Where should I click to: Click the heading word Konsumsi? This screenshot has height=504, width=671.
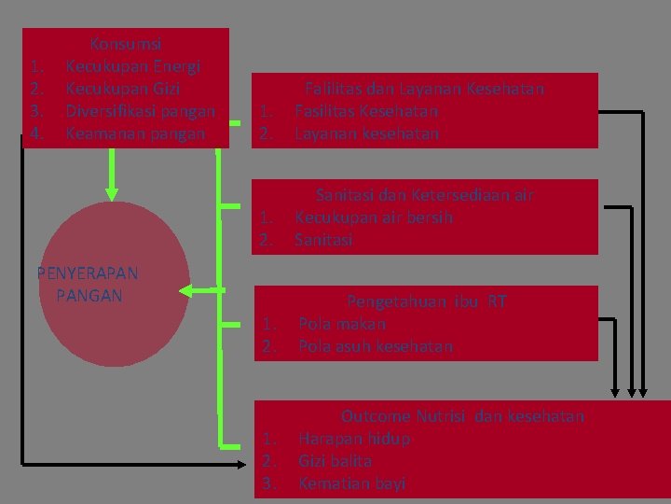(126, 44)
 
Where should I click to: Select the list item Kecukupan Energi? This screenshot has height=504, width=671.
(134, 66)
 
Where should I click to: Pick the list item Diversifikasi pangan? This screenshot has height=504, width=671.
(141, 111)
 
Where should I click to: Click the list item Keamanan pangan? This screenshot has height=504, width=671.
(133, 133)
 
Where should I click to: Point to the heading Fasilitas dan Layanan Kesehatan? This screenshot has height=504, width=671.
(425, 89)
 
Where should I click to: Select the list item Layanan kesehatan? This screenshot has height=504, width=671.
(366, 133)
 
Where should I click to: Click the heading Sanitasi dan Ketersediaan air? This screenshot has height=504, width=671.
(425, 195)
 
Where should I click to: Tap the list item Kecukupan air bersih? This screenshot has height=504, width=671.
(374, 217)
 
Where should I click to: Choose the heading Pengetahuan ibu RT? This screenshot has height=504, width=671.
(427, 301)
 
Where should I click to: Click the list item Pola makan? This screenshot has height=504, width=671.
(342, 324)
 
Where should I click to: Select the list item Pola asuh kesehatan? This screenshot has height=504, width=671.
(376, 346)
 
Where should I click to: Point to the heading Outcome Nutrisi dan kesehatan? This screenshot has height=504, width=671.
(462, 416)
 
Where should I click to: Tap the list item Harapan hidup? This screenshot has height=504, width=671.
(354, 439)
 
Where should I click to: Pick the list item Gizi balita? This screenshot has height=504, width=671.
(335, 461)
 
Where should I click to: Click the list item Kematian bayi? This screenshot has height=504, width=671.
(351, 483)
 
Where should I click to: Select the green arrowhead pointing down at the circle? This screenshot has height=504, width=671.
(112, 193)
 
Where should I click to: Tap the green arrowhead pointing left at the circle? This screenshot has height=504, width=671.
(185, 292)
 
